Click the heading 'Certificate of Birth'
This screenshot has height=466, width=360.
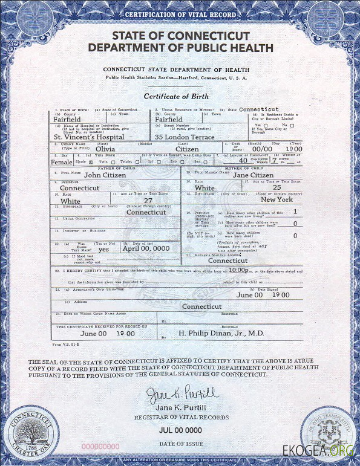[176, 97]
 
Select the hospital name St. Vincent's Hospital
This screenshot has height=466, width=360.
[89, 137]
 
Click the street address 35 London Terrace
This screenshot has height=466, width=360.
[185, 137]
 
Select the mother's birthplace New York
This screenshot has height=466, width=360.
[277, 199]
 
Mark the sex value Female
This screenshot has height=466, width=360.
[61, 162]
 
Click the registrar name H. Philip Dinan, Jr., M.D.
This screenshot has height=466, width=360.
[221, 332]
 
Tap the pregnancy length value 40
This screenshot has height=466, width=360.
[243, 161]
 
